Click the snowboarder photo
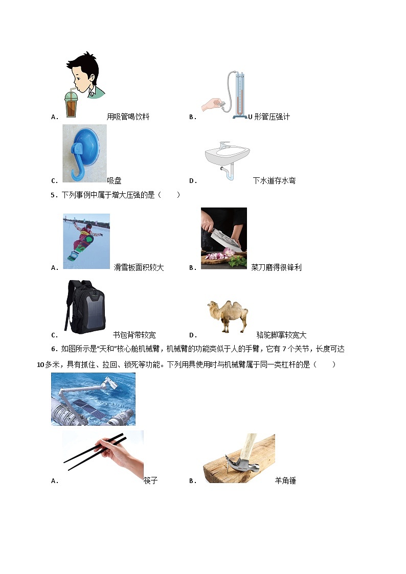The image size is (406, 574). pos(86,241)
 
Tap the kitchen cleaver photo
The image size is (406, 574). pos(223,238)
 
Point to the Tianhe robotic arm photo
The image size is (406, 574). pos(93,399)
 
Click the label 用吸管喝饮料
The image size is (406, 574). pos(128,117)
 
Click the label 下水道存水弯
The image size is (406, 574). pos(274,180)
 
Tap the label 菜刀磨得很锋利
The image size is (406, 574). pos(276,267)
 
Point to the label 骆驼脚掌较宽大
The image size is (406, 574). pos(281,335)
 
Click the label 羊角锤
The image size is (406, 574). pos(285,480)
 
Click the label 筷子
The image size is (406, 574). pos(150,480)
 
